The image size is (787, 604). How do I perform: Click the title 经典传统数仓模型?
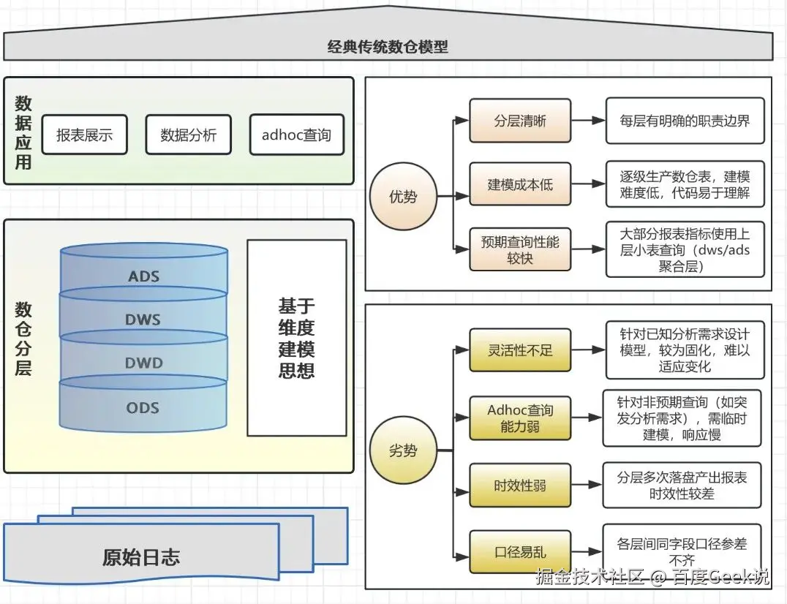coord(388,48)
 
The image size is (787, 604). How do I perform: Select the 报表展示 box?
coord(84,135)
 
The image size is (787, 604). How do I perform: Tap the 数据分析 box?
coord(188,135)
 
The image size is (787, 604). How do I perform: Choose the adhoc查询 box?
coord(296,135)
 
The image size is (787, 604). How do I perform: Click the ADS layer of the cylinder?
coord(143,276)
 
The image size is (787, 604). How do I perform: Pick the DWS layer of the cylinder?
coord(143,320)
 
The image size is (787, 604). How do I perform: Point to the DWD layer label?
coord(143,363)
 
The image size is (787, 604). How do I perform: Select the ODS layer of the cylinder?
coord(143,407)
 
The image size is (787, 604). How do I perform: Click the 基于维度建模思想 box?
coord(296,337)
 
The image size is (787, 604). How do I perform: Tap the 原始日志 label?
coord(140,558)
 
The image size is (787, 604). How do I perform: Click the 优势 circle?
coord(403,196)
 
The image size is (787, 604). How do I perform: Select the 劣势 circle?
coord(403,450)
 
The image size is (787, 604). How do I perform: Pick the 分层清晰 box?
coord(519,121)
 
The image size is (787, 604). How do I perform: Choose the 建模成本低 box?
coord(519,185)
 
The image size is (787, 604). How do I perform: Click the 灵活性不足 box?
coord(519,350)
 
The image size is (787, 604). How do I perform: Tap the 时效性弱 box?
coord(519,485)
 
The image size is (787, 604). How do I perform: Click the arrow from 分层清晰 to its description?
coord(587,121)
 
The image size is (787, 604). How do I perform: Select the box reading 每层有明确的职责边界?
coord(684,121)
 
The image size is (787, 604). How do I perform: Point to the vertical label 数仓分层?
coord(23,338)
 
